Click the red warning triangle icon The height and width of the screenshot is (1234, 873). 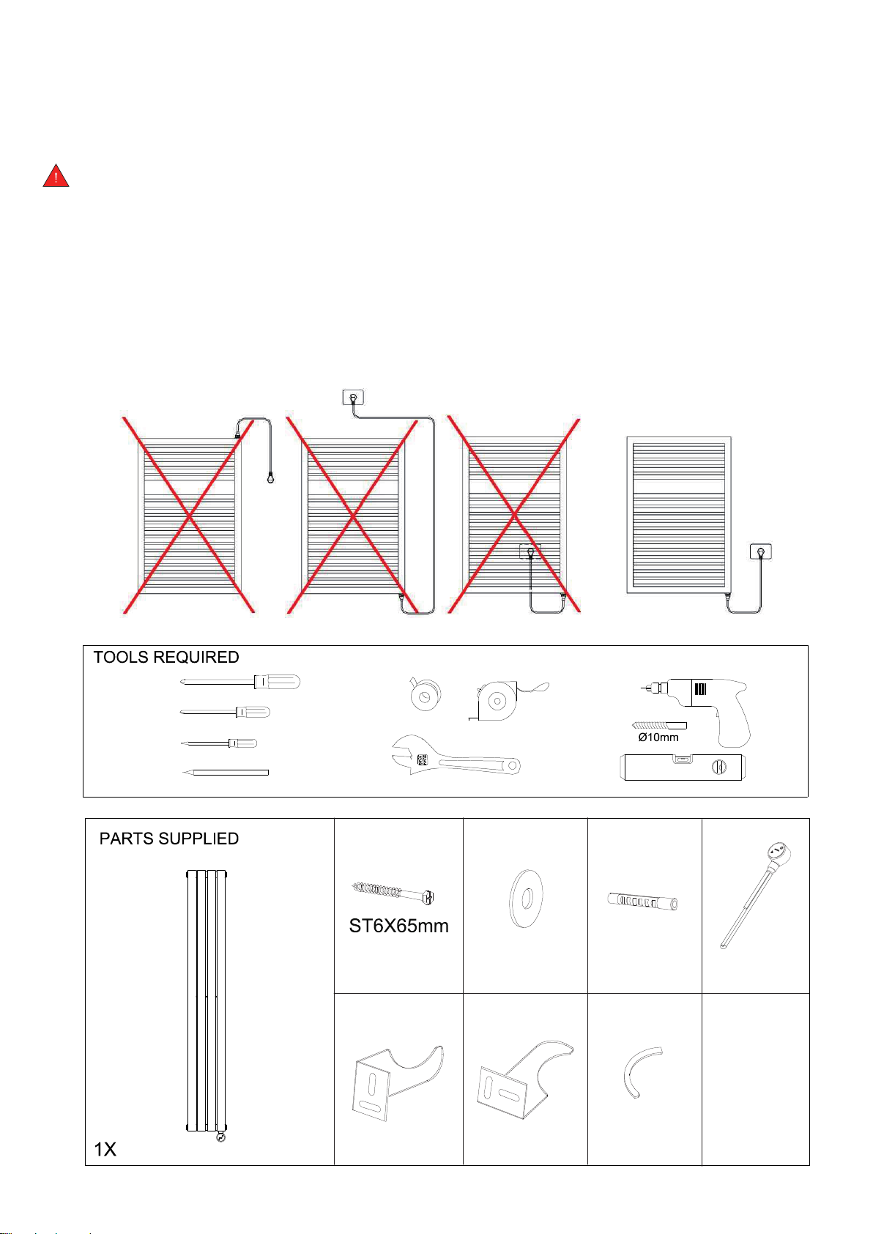[56, 176]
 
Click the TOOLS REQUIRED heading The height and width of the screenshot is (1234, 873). [166, 657]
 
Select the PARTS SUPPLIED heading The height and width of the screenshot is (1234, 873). [168, 839]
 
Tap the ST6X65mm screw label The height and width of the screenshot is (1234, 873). [398, 926]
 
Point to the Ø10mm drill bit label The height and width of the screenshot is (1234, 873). [658, 737]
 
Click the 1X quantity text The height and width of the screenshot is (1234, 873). [105, 1149]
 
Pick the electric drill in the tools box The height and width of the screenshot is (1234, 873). [696, 710]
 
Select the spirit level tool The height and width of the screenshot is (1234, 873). [683, 767]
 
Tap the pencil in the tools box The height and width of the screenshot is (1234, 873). [226, 773]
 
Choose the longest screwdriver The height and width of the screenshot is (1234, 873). [240, 682]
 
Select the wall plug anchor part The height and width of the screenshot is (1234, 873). [643, 902]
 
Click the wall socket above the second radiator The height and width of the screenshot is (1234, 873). [353, 397]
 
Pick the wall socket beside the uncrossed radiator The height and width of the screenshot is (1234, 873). [761, 551]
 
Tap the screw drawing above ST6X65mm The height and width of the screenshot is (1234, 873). [393, 893]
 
